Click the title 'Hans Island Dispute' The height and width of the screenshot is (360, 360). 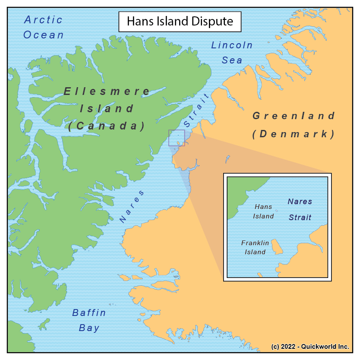pos(180,21)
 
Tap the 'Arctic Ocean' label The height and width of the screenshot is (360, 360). pos(43,27)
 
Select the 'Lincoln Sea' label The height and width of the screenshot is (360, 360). pos(232,53)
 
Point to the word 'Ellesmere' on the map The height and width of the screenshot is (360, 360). pos(107,92)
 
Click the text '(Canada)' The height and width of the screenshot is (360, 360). pos(106,126)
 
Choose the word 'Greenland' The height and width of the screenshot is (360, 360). pos(294,116)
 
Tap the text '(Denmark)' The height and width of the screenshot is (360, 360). pos(294,134)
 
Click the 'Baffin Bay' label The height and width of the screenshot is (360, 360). pos(89,320)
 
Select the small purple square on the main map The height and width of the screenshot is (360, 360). pos(177,138)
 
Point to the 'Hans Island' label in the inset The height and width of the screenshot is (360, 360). pos(264,212)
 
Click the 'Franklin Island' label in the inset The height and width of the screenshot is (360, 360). pos(255,247)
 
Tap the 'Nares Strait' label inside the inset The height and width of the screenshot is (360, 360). pos(300,209)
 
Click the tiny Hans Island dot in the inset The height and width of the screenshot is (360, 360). pos(277,211)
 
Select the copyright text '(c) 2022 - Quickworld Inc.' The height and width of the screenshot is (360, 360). pos(310,347)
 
